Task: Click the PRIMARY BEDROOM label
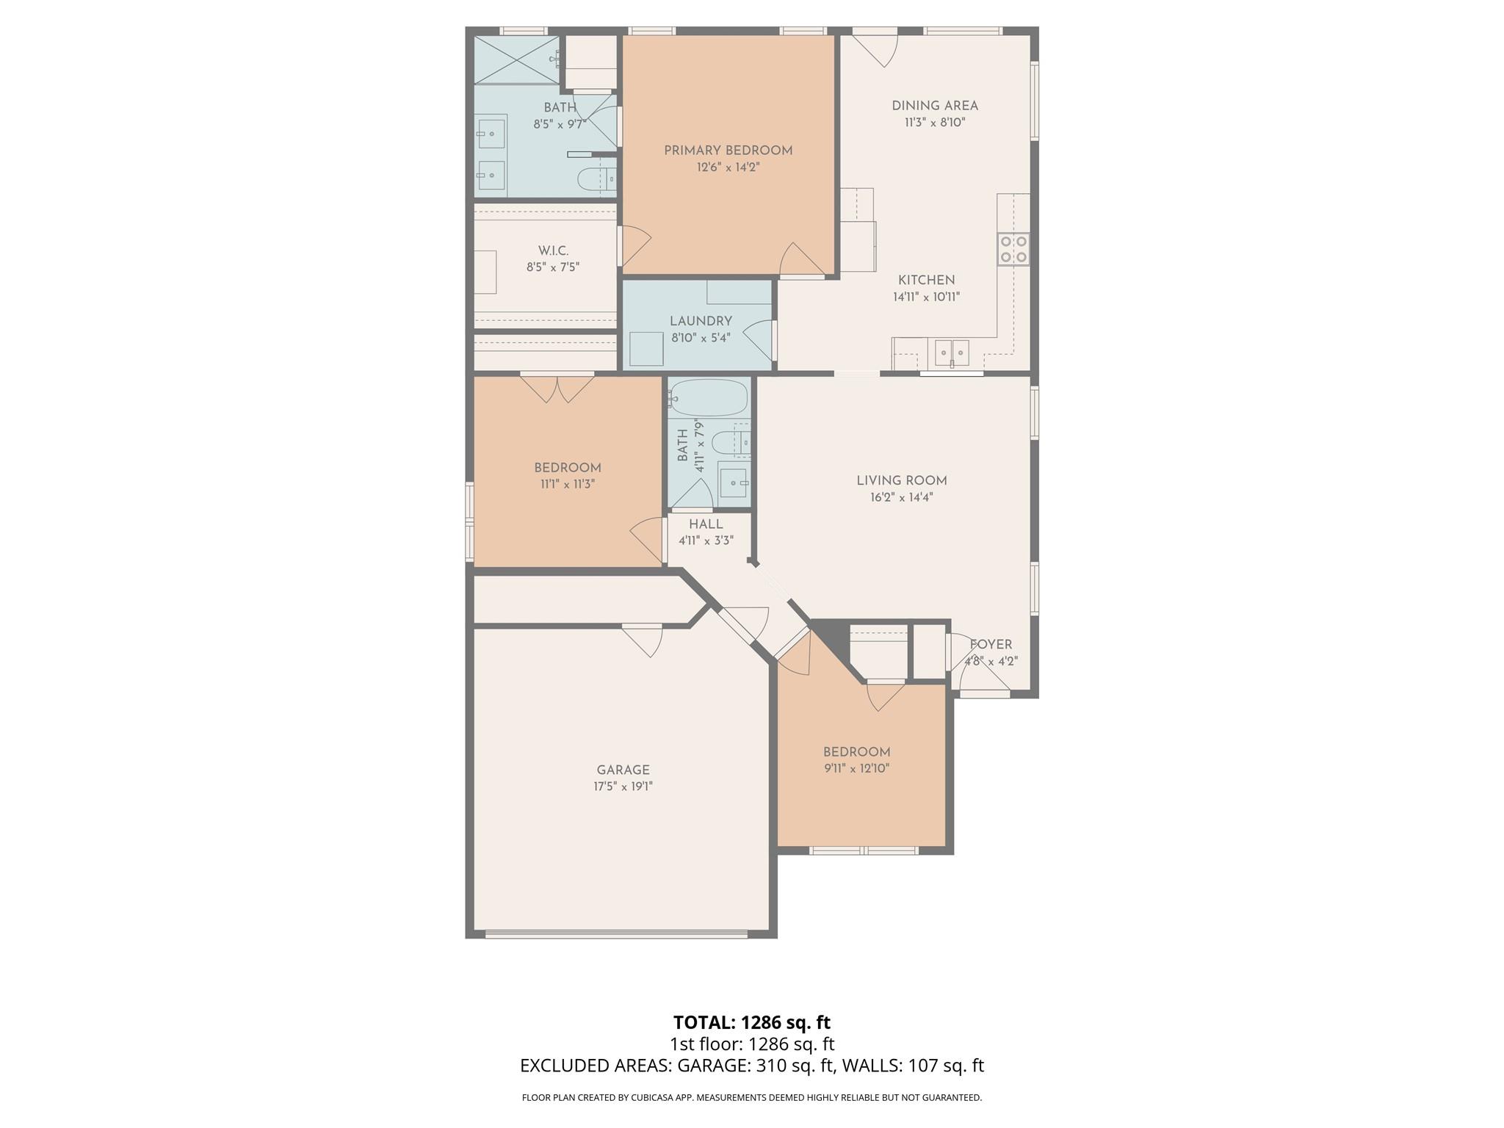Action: [728, 151]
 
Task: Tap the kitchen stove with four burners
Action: [1013, 249]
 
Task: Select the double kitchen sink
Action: [952, 352]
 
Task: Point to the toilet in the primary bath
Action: [596, 178]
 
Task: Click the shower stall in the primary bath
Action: [516, 59]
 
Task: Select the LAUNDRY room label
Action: [701, 321]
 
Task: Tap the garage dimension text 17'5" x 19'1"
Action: [623, 787]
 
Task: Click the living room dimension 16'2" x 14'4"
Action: [901, 497]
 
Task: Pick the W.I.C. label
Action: [553, 251]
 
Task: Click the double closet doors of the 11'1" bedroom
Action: [557, 388]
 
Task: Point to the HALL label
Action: [706, 524]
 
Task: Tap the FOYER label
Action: [991, 645]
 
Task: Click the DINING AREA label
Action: [934, 106]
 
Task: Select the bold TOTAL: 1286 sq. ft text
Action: [751, 1022]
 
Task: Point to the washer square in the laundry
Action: [646, 349]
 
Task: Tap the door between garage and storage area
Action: [643, 639]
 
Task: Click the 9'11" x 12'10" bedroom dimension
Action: [856, 769]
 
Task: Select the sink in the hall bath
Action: [733, 482]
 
